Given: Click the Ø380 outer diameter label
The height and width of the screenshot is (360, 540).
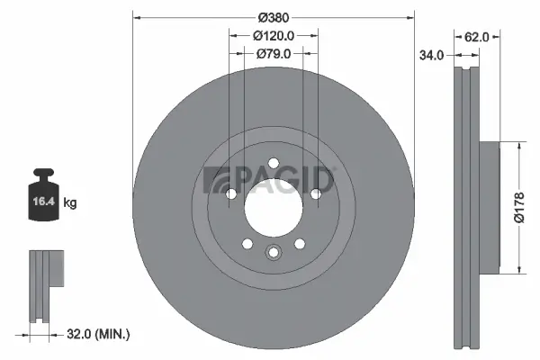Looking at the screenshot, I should point(274,16).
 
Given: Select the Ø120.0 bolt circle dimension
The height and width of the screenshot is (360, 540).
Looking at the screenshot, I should point(274,35).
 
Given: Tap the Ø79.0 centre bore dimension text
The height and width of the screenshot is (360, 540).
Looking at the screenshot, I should point(274,53).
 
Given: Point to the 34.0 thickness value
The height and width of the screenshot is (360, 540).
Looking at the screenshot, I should point(432,56).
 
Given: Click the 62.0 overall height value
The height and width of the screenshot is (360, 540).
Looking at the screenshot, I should point(476,37).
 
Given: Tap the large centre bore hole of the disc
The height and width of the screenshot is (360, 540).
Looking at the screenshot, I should point(274,207).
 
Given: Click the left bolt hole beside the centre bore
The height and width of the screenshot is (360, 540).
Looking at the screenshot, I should point(231,193).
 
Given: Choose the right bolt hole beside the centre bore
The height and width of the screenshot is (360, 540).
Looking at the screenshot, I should point(316,193).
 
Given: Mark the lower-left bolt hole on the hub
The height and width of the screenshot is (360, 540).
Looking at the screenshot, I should point(247,243).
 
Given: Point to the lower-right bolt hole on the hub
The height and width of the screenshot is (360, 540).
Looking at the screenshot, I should point(300,243).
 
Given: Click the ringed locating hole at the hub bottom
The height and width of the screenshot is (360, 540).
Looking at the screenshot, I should point(274,252).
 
